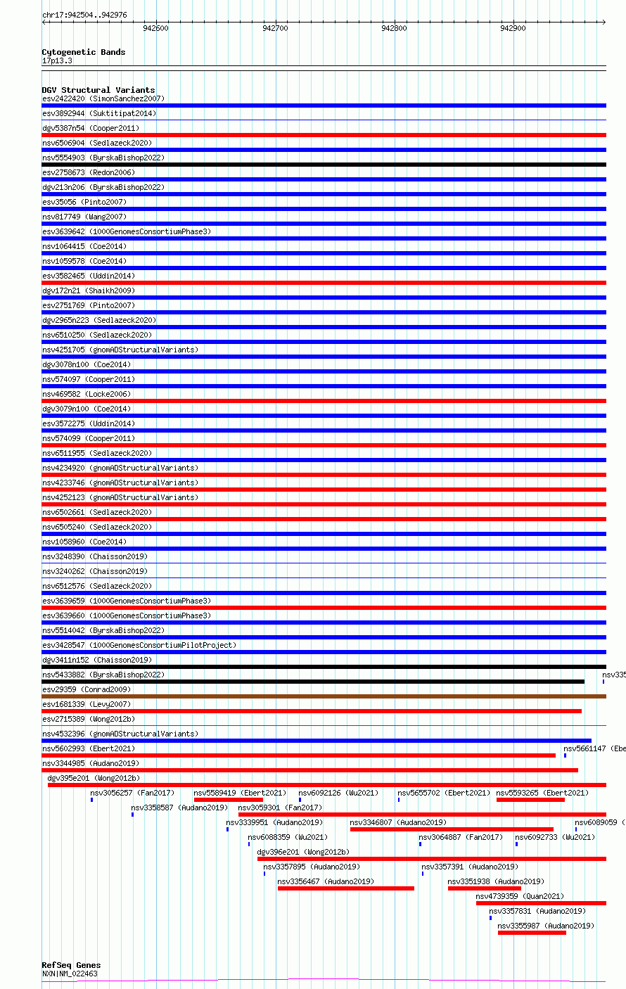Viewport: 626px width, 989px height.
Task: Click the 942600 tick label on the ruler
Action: pos(155,28)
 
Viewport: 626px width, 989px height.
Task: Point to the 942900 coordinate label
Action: pos(513,28)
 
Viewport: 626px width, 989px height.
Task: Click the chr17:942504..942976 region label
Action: pos(84,15)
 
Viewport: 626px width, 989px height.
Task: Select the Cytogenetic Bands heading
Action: pos(83,52)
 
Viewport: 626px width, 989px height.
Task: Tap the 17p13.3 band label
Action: pos(57,60)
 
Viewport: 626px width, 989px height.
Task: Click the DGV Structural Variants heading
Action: pos(98,90)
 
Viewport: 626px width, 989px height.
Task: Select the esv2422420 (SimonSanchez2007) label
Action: pos(103,98)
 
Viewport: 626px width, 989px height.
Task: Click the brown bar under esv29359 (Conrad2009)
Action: pos(324,696)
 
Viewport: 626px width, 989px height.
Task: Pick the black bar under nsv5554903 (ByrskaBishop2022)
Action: pos(324,165)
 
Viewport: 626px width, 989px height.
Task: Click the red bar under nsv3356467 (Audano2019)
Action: pos(345,888)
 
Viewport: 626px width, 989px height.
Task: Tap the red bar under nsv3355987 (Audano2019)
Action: pos(532,933)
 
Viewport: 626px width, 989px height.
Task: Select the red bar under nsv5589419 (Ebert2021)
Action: pos(228,800)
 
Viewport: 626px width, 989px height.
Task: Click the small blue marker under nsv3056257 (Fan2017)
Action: pos(91,800)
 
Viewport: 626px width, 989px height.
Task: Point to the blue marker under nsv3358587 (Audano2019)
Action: pos(132,815)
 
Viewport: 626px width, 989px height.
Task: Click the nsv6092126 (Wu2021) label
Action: pos(338,793)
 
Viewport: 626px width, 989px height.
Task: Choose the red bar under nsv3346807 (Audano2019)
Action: pos(452,829)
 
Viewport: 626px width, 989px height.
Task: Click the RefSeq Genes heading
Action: pos(71,965)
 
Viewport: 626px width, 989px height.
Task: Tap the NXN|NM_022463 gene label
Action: pos(70,974)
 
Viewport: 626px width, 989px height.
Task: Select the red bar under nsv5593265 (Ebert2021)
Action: pos(530,800)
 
